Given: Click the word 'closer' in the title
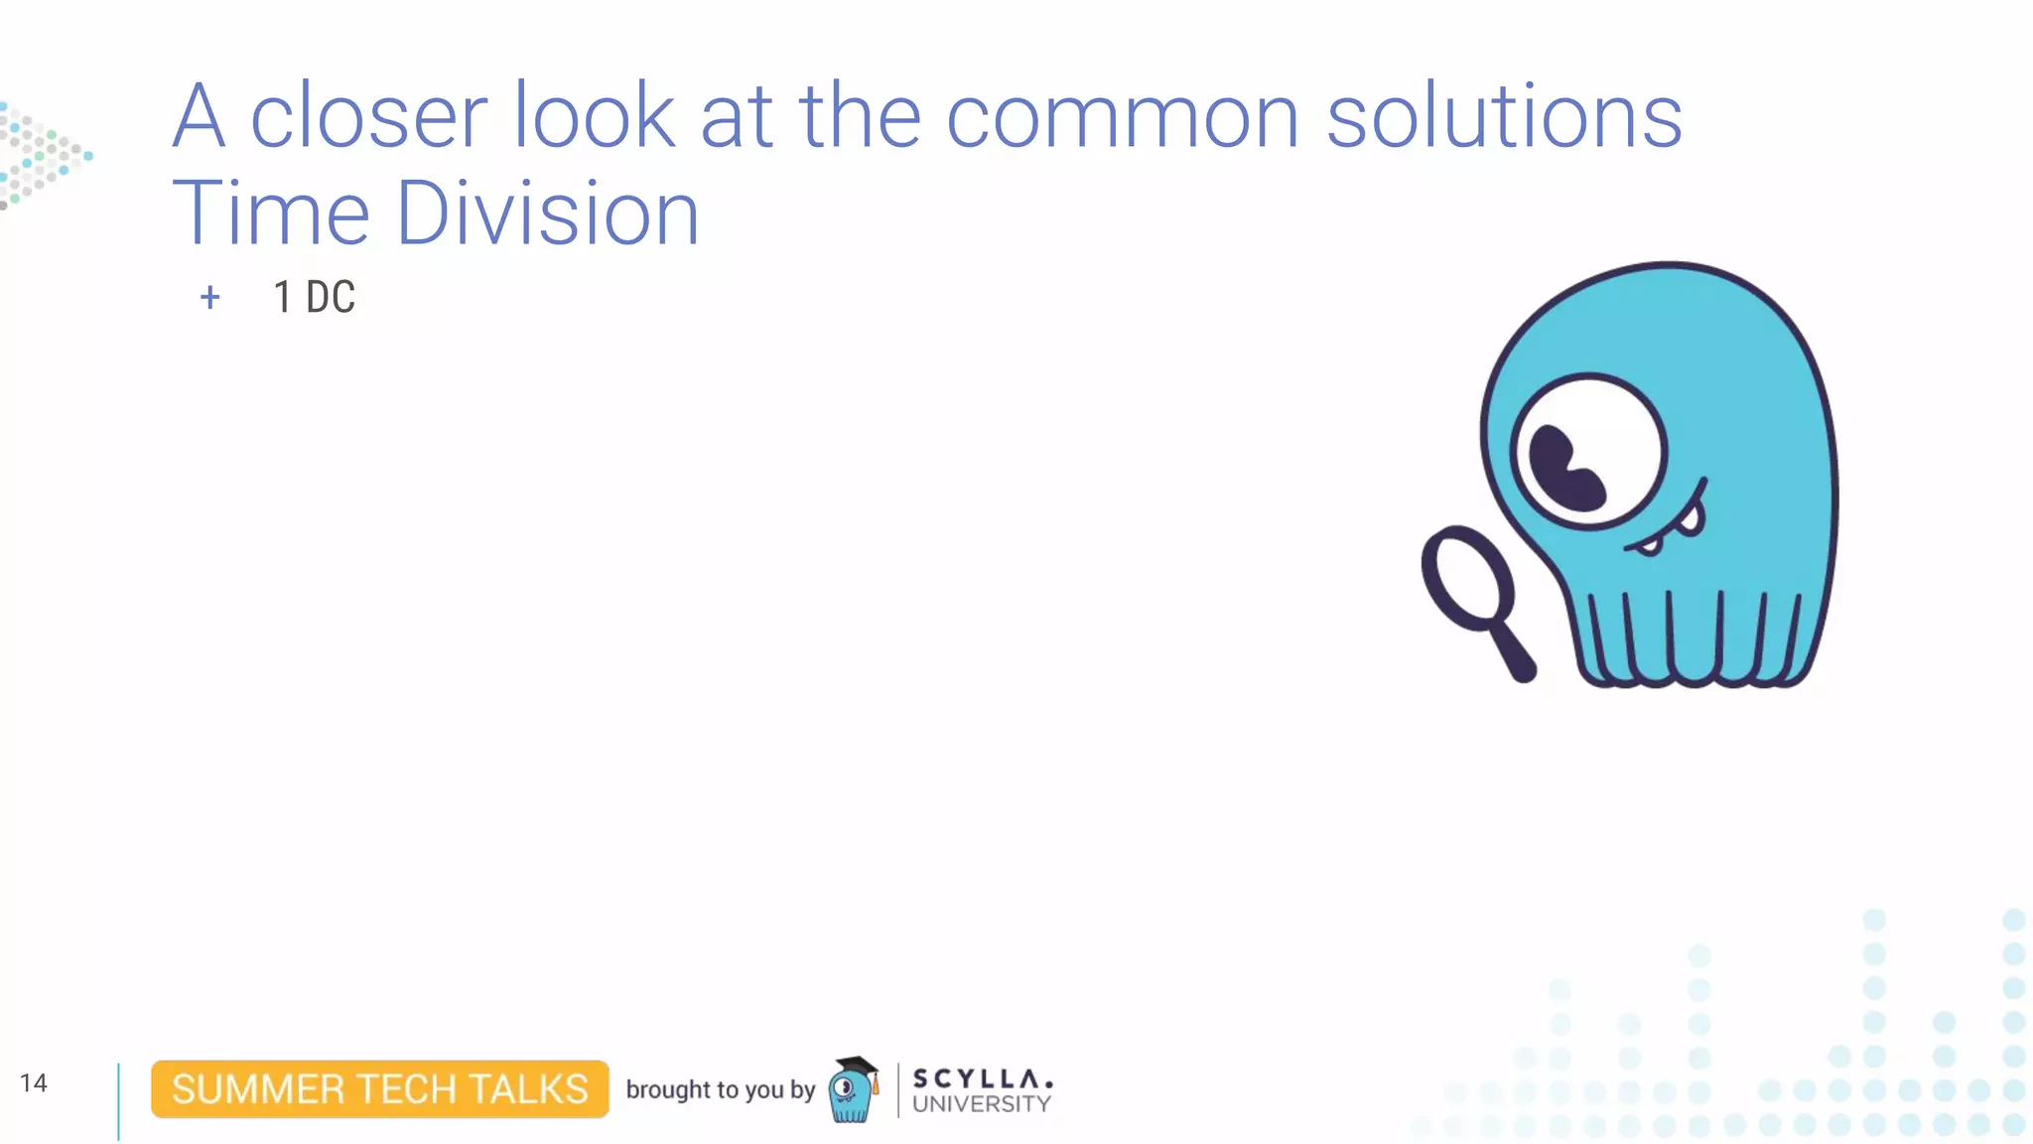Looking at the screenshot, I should click(367, 117).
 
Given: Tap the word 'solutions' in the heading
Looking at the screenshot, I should click(1503, 117).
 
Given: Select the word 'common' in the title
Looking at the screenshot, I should click(1122, 117).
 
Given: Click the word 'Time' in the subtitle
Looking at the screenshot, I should click(270, 214).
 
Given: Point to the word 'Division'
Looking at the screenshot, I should click(548, 214).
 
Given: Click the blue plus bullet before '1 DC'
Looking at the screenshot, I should click(209, 297).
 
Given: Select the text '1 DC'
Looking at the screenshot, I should click(314, 297).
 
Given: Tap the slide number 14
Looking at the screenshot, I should click(33, 1082).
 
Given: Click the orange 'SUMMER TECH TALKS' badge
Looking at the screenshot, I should click(379, 1089).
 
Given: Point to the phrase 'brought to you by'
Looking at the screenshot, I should click(720, 1089).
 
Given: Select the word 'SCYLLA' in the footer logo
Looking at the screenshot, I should click(981, 1078).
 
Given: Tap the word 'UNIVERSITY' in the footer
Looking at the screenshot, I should click(981, 1104).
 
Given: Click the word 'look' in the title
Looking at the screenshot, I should click(593, 117).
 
